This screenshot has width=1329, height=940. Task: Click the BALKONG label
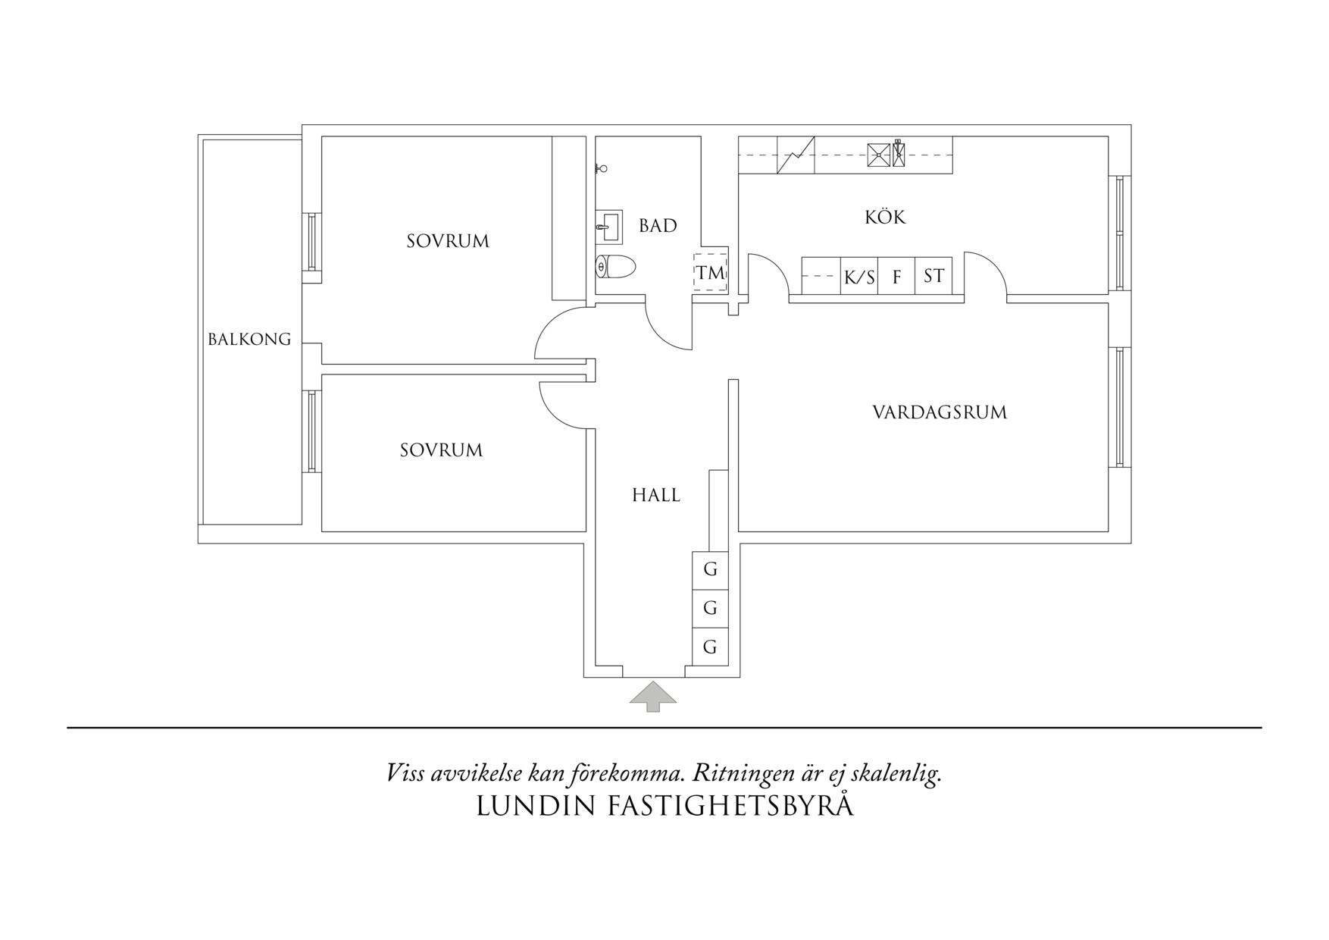249,339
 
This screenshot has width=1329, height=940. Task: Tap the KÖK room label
885,217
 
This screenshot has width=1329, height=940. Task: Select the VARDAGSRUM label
940,412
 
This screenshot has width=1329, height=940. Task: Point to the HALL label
656,495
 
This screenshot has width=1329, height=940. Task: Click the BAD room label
658,225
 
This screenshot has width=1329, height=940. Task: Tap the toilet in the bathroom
614,267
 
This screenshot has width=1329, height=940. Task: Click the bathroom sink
608,227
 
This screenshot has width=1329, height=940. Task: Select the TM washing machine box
711,272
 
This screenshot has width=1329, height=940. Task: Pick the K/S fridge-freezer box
859,276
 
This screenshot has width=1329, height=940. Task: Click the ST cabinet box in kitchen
933,276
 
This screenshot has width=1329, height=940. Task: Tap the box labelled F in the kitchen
897,276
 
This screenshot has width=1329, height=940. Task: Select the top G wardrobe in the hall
710,569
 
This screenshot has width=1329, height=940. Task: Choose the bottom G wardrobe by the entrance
710,647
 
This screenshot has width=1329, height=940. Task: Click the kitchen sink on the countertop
879,155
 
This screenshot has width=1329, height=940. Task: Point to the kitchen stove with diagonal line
796,155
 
